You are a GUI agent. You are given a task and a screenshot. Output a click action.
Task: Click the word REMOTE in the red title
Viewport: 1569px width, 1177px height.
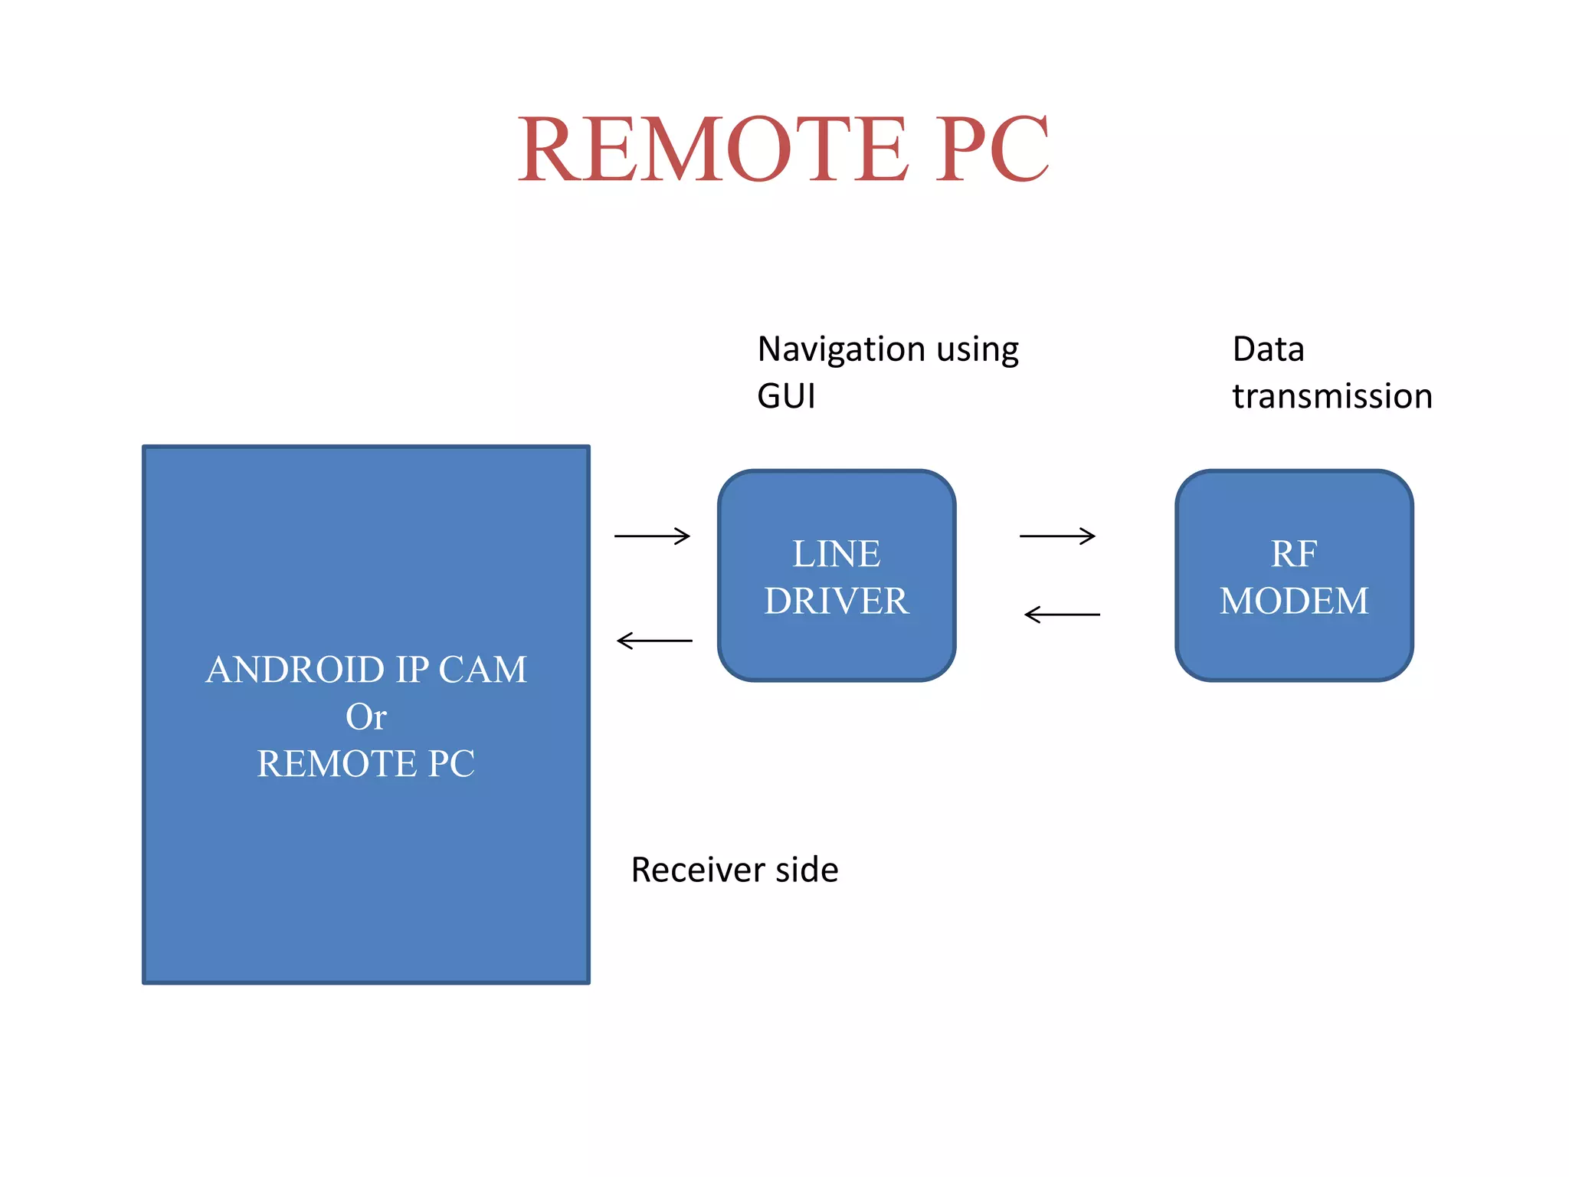[712, 149]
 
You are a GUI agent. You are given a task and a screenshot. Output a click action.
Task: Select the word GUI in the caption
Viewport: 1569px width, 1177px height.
[786, 397]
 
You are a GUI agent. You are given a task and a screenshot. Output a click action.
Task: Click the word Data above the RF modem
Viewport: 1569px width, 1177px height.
[1268, 349]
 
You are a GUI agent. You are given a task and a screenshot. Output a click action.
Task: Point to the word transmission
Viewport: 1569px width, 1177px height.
[1332, 397]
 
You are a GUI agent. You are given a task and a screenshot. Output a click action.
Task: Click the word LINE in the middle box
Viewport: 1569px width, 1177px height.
[836, 554]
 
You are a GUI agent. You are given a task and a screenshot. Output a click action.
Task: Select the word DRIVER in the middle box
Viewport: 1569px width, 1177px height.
[836, 601]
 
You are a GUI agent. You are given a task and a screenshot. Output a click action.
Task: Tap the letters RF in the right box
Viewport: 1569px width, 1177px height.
[1294, 554]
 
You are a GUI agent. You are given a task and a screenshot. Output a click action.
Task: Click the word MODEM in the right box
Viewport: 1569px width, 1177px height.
[1294, 601]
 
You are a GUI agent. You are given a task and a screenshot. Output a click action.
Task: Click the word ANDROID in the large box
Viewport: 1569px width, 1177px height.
[294, 670]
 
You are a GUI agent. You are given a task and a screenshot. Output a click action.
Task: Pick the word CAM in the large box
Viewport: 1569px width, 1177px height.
[483, 670]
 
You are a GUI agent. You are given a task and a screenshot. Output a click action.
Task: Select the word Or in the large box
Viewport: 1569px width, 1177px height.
[365, 717]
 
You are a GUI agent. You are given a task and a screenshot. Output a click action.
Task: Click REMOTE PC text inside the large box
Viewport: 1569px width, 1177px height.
[365, 764]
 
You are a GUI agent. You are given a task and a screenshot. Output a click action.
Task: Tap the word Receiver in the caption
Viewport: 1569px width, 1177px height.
[697, 870]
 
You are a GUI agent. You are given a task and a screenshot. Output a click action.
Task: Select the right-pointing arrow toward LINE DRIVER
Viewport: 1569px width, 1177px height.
[652, 536]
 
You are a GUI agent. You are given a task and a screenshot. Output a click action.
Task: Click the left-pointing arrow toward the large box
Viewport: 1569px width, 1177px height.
[654, 641]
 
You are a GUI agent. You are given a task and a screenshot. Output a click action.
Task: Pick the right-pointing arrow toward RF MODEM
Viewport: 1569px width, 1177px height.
[1057, 536]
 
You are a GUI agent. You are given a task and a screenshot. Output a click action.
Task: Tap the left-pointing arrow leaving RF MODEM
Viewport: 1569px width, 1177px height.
[1062, 615]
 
